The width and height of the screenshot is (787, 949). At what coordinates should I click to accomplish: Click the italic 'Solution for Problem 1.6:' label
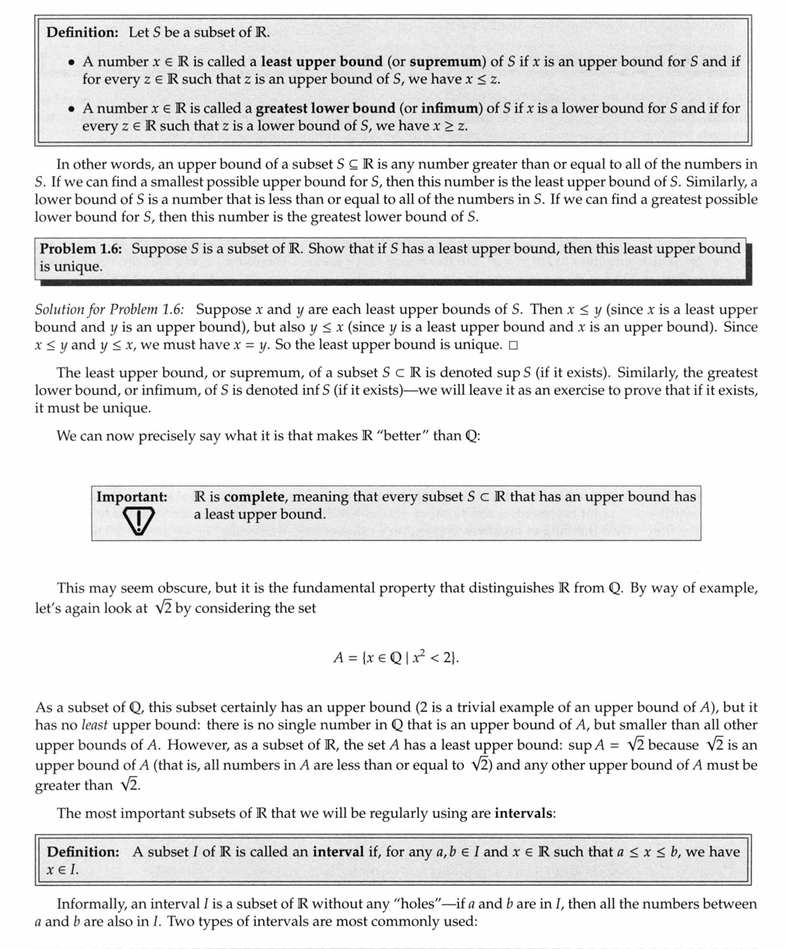coord(110,311)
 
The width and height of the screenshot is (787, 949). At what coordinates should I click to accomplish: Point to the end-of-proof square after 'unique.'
coord(512,344)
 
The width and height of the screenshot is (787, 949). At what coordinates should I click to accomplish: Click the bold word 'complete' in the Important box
coord(255,497)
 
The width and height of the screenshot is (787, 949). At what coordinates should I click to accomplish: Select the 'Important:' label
coord(131,497)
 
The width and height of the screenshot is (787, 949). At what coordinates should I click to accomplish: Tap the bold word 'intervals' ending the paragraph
coord(524,814)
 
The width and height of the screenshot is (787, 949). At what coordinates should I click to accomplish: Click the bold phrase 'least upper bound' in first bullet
coord(321,61)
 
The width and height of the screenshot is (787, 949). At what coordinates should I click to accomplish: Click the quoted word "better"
coord(398,436)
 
